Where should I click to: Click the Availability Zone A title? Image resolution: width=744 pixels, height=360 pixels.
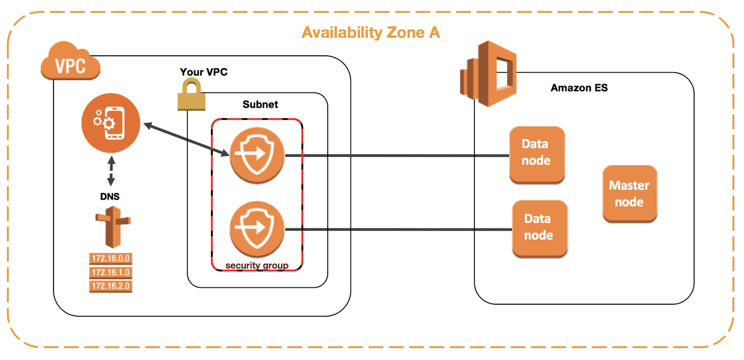[x=371, y=33]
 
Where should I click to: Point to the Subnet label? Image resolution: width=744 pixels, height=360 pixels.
[x=260, y=105]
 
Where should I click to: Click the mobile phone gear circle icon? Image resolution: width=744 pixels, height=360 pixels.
[x=111, y=124]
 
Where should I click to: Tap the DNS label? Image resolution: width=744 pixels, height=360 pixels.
[x=110, y=197]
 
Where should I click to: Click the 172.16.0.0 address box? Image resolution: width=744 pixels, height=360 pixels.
[x=110, y=259]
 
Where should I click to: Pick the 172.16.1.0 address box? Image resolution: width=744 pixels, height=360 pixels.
[x=110, y=273]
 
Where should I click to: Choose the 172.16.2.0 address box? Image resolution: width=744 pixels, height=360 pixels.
[x=110, y=286]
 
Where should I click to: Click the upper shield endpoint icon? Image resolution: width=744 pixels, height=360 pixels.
[x=257, y=155]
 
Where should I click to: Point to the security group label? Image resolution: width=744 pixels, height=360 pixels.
[x=257, y=266]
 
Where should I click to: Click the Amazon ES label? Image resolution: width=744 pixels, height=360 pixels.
[x=579, y=88]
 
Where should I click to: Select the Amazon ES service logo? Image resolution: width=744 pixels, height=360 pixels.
[x=488, y=69]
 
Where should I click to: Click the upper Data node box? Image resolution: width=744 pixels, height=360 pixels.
[x=536, y=155]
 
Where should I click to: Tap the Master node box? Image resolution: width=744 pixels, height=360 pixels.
[x=629, y=194]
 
